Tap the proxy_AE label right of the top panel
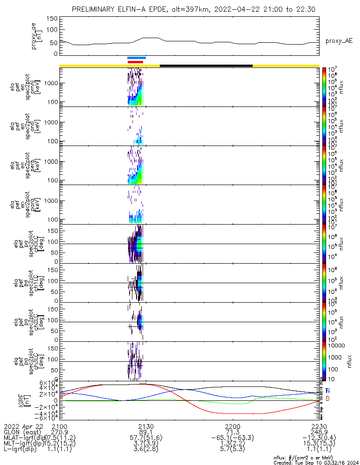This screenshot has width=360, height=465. [x=339, y=41]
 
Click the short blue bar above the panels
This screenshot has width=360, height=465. [x=137, y=58]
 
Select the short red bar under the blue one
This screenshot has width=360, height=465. [x=135, y=62]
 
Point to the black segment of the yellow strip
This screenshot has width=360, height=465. [x=206, y=66]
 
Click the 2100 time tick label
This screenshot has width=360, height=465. [x=59, y=426]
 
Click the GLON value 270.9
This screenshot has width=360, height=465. [x=59, y=432]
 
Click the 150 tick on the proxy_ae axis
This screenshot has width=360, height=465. [x=52, y=19]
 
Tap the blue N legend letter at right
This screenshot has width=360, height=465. [x=327, y=391]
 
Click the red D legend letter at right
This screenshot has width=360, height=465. [x=327, y=399]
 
